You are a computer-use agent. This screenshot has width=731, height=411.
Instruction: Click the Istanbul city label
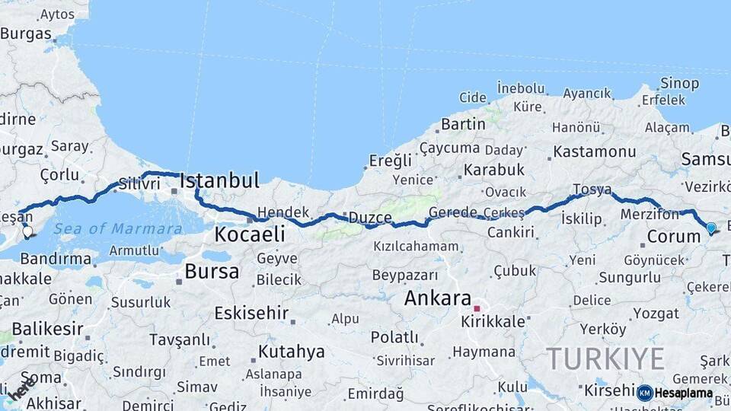(219, 180)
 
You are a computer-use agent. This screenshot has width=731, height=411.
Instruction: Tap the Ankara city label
(437, 298)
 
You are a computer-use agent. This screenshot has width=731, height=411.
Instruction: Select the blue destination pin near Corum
(711, 228)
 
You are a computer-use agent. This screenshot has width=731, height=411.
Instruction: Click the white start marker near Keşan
(27, 231)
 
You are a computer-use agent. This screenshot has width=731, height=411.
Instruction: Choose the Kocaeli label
(249, 234)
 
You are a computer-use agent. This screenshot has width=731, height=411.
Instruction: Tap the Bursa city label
(212, 271)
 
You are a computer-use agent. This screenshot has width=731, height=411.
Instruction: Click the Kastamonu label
(595, 151)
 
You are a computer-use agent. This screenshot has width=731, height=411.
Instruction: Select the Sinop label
(679, 83)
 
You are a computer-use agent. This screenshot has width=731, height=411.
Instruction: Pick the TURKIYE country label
(605, 358)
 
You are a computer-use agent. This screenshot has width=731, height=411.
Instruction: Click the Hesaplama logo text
(683, 393)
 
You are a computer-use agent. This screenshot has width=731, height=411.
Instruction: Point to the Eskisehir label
(251, 313)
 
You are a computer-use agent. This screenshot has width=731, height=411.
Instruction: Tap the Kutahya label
(291, 352)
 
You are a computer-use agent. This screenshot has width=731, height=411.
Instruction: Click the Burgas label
(26, 33)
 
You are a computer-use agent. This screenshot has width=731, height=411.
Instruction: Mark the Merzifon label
(649, 215)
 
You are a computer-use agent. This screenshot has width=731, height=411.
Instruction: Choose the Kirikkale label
(493, 322)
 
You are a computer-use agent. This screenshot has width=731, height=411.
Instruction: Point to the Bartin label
(463, 123)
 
